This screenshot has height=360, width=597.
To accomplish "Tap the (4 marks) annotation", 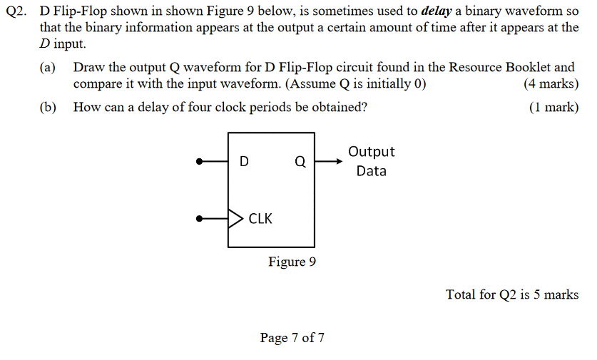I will pos(550,83).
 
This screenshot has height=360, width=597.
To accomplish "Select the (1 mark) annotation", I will pos(553,108).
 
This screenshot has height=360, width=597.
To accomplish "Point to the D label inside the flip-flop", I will pos(244,162).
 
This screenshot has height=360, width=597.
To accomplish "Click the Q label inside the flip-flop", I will pos(300,162).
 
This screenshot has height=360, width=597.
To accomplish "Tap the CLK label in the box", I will pos(260,219).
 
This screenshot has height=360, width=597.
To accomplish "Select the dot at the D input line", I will pos(201,162).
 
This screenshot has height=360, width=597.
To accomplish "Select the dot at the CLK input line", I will pos(201,218).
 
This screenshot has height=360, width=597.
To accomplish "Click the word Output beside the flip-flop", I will pos(371,152).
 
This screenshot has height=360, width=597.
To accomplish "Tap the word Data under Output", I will pos(371,171).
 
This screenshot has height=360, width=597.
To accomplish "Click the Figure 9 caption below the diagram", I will pos(292,262).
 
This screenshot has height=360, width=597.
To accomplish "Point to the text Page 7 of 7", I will pos(292,337).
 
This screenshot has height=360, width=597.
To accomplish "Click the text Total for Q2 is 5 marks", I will pos(512,294).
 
